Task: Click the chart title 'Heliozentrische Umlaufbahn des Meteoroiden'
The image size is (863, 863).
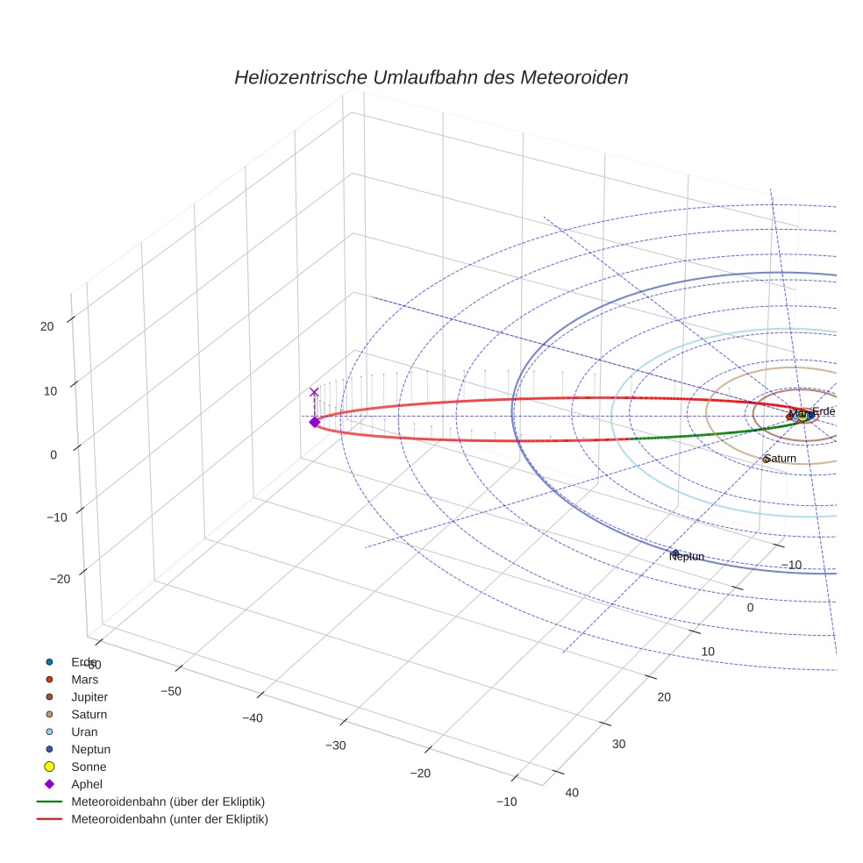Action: [x=431, y=77]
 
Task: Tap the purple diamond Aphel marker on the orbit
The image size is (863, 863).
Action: [x=314, y=422]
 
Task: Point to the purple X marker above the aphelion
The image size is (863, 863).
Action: [x=314, y=392]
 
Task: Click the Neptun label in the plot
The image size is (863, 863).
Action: [x=687, y=556]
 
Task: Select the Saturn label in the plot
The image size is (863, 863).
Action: [x=780, y=459]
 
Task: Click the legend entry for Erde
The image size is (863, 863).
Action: [x=84, y=661]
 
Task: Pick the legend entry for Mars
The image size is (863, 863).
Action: [x=85, y=679]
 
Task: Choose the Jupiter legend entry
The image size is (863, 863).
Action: [x=89, y=696]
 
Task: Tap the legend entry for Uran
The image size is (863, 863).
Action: [x=85, y=731]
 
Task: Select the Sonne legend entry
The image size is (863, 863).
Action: [x=89, y=767]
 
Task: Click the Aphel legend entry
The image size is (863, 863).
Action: [x=88, y=784]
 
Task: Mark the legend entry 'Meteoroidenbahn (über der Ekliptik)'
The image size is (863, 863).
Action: [x=168, y=802]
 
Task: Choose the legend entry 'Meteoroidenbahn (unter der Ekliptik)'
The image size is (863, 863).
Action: [x=169, y=819]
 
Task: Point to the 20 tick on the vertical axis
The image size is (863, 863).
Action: [x=46, y=326]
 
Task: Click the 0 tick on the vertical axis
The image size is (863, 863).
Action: [x=53, y=454]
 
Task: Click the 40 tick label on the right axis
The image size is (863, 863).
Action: [x=572, y=793]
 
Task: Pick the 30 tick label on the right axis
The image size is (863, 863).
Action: [x=619, y=744]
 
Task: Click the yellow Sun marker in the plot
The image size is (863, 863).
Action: [x=802, y=417]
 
